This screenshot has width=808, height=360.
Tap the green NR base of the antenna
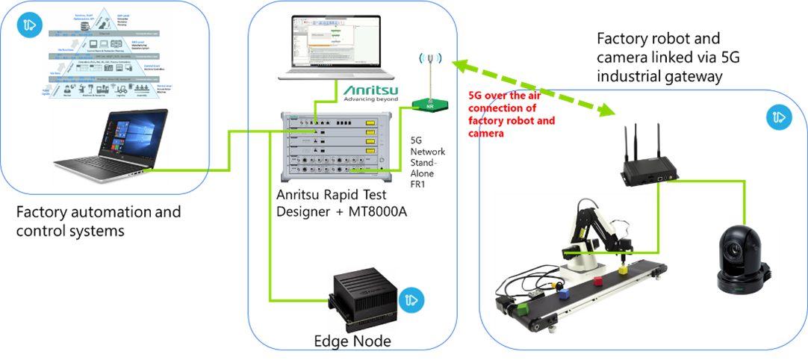[x=429, y=105]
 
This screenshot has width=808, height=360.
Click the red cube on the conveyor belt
[x=598, y=281]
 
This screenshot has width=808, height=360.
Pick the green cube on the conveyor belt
[x=524, y=306]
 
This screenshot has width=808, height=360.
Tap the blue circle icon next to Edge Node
[x=410, y=300]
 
